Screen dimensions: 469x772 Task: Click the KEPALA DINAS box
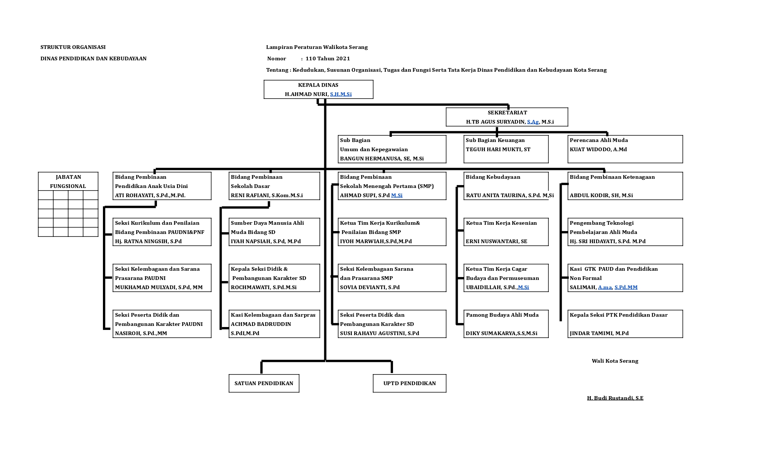[x=318, y=89]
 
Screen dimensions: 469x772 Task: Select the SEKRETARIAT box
[x=507, y=117]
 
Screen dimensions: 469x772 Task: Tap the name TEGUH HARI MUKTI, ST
[x=498, y=149]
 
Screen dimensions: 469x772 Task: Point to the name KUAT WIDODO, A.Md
[x=598, y=149]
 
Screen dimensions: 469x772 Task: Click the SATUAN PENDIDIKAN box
[x=264, y=383]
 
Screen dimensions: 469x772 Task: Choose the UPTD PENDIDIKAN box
[x=410, y=383]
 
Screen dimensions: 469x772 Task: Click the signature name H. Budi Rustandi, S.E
[x=615, y=398]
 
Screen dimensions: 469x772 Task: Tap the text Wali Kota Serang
[x=615, y=361]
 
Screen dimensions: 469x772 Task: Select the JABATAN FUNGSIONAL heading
[x=68, y=181]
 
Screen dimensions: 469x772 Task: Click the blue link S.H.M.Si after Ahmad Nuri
[x=341, y=94]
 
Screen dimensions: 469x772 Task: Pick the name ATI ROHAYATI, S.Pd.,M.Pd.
[x=150, y=195]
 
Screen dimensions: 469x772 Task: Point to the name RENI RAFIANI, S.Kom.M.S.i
[x=267, y=195]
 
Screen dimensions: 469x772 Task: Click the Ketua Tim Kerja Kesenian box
[x=506, y=232]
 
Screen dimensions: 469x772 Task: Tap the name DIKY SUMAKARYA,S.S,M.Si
[x=501, y=333]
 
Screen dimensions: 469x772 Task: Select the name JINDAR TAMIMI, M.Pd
[x=599, y=333]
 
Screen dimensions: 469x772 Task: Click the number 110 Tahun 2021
[x=328, y=58]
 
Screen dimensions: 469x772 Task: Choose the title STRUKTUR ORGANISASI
[x=73, y=47]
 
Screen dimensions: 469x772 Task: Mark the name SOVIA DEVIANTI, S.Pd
[x=369, y=287]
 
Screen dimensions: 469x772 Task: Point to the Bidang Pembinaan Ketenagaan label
[x=612, y=177]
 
